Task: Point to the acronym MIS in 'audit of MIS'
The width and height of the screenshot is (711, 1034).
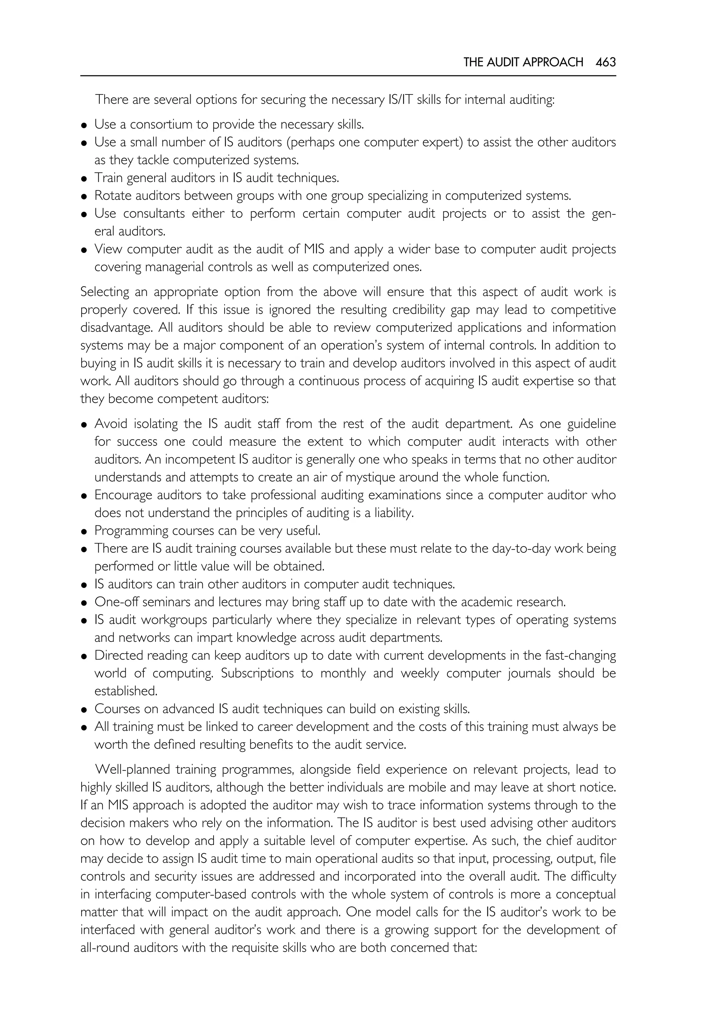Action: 315,249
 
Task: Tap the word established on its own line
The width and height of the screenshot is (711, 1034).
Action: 126,691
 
